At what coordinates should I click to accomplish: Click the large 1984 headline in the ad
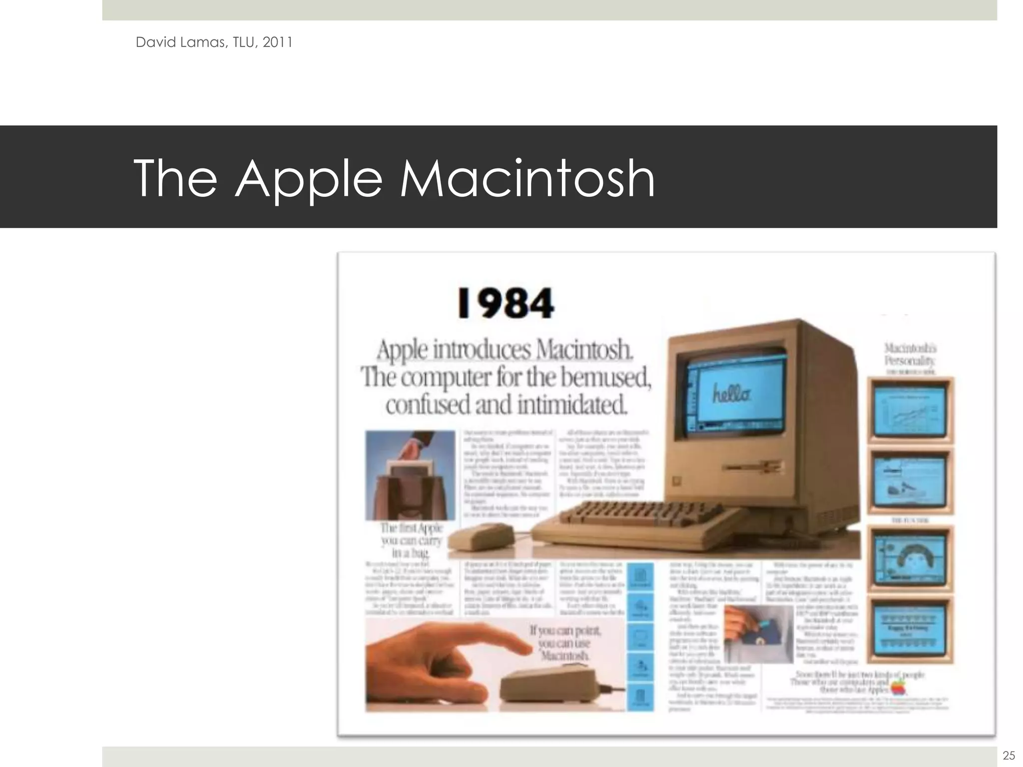[x=506, y=303]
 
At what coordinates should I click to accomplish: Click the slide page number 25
[x=1009, y=755]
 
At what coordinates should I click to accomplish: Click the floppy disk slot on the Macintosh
[x=753, y=468]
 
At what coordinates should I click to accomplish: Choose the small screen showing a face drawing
[x=911, y=557]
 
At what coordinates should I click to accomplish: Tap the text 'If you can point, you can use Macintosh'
[x=566, y=643]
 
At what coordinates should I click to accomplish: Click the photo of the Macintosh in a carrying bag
[x=410, y=475]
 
